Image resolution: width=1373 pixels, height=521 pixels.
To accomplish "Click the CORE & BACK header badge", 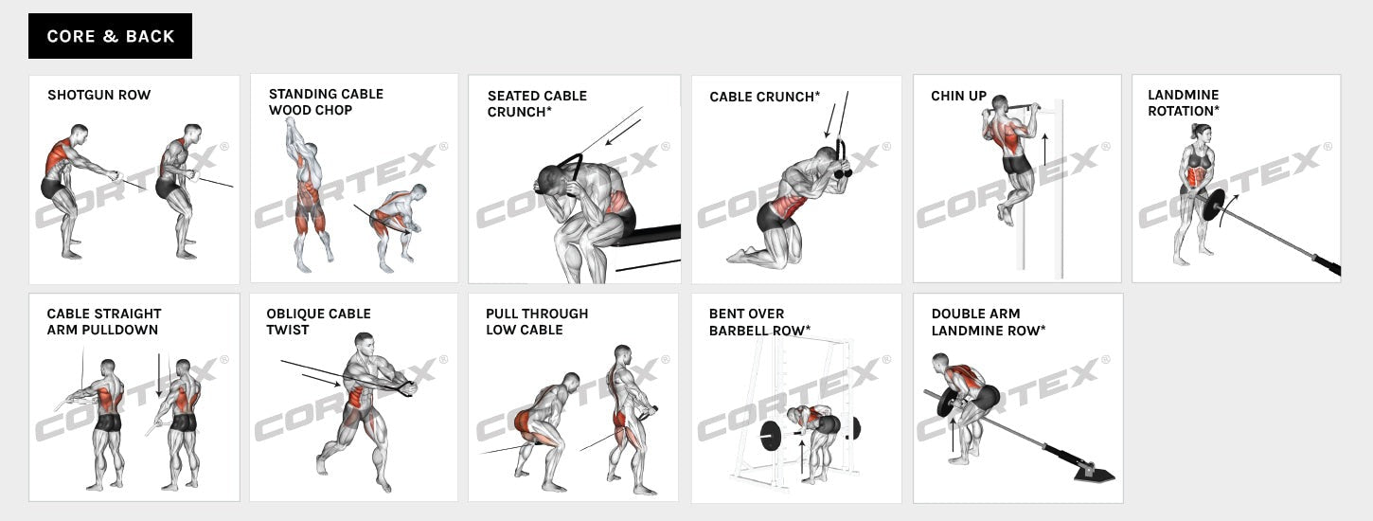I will coord(110,36).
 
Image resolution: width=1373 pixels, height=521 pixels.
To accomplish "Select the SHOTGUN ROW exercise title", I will coord(98,95).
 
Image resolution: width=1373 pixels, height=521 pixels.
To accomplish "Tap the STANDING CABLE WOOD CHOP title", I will coord(326,101).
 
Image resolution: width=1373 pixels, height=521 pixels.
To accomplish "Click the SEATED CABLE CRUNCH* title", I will coord(537,103).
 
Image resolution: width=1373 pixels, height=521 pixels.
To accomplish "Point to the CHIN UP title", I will coord(958,96).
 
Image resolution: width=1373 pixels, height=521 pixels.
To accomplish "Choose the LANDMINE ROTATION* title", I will coord(1183,102).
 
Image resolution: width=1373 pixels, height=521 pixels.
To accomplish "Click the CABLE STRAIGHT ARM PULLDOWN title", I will coord(103,321).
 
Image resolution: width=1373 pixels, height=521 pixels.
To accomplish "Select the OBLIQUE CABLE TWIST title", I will coord(318,321).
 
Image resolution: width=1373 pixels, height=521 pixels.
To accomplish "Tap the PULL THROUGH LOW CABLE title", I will coord(537,321).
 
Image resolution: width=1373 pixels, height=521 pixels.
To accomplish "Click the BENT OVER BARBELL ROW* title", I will coord(759,321).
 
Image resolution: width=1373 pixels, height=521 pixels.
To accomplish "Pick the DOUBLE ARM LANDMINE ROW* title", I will coord(988,321).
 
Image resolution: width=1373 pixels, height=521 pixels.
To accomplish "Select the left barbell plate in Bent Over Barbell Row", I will coord(770,437).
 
